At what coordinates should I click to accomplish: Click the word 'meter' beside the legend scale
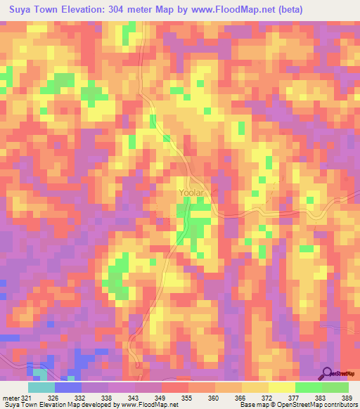(x=11, y=397)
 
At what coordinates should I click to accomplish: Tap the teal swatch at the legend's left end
(x=41, y=387)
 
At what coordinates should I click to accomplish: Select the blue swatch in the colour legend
(x=68, y=387)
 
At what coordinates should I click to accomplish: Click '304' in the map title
(x=131, y=10)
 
